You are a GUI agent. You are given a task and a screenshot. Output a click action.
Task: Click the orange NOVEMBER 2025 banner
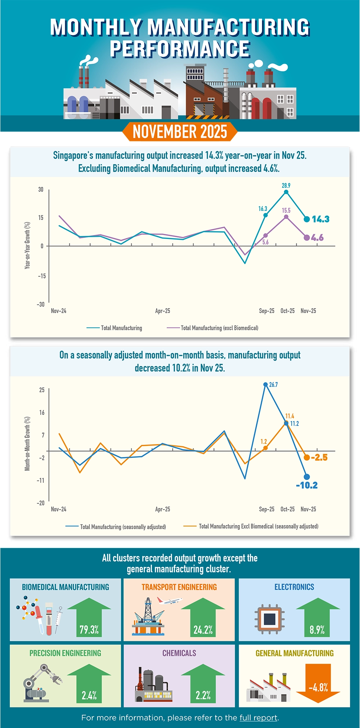click(180, 132)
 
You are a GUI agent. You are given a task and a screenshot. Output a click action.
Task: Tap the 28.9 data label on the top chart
click(286, 186)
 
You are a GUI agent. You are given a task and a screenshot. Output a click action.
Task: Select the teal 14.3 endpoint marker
click(307, 219)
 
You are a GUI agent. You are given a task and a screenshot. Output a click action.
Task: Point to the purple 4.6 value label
click(318, 238)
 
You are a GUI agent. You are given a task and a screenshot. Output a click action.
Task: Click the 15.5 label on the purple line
click(286, 211)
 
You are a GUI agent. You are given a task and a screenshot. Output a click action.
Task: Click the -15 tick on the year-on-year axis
click(42, 276)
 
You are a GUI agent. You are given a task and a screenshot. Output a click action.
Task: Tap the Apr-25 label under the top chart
click(162, 311)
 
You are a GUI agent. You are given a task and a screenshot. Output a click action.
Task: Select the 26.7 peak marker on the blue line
click(266, 384)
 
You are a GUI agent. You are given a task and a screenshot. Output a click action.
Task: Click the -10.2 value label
click(307, 485)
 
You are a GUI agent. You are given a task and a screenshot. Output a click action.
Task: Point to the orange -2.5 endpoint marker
click(307, 457)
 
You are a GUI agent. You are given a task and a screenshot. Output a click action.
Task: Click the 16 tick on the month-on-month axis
click(42, 412)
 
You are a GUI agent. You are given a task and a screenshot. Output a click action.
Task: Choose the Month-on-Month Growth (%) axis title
click(27, 444)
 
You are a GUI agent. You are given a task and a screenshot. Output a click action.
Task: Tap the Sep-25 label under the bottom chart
click(266, 509)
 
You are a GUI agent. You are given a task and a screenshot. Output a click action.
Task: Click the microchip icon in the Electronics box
click(270, 619)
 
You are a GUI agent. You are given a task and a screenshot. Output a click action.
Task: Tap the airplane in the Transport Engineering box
click(169, 601)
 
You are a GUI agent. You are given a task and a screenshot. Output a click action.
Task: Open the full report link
click(258, 718)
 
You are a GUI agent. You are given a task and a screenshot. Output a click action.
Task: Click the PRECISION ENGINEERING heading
click(65, 653)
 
